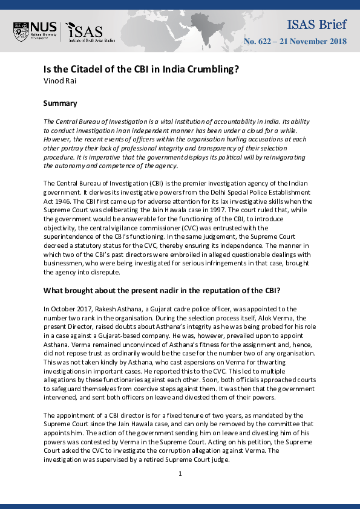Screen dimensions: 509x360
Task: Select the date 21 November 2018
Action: [313, 42]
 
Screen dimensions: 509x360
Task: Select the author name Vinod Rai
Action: [59, 80]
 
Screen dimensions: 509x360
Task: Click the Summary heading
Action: [61, 103]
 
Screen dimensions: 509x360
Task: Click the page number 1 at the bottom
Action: [180, 473]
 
